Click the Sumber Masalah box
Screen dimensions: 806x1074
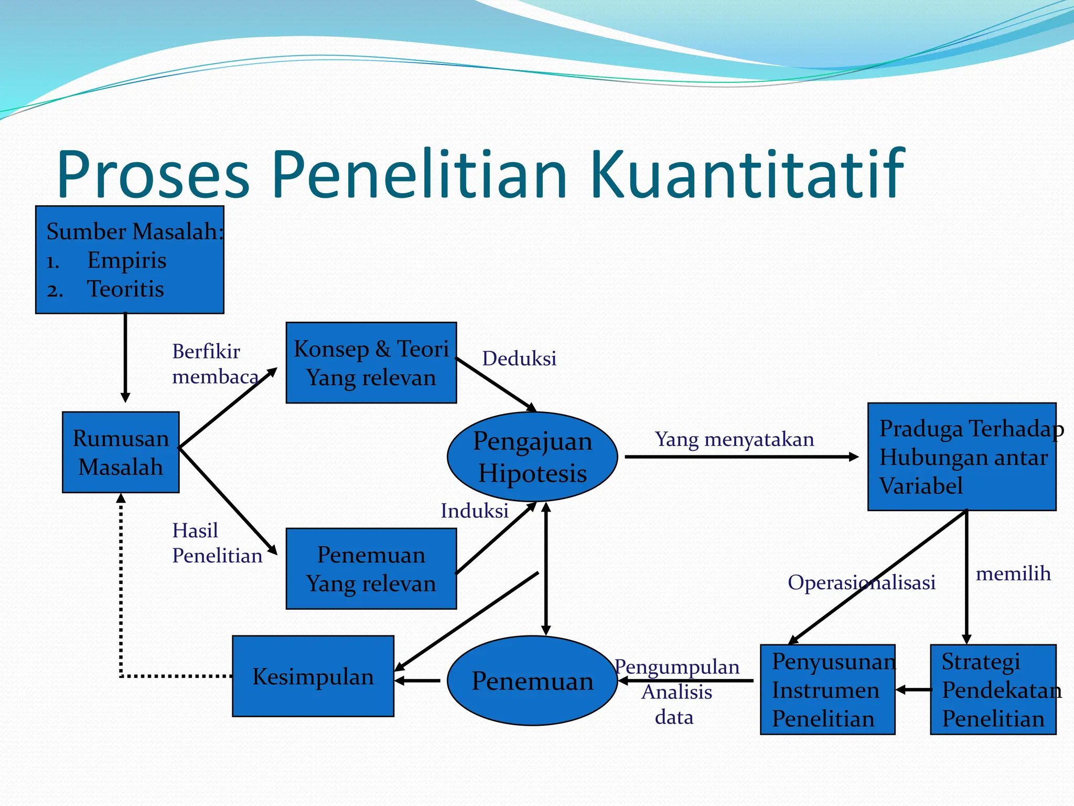click(x=130, y=260)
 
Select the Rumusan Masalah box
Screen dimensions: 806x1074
click(x=121, y=452)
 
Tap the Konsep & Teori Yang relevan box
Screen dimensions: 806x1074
click(x=371, y=363)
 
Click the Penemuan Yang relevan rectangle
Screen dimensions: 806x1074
click(x=371, y=568)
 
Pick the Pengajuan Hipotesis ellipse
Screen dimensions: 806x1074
click(x=532, y=457)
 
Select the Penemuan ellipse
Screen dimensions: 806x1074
click(x=532, y=681)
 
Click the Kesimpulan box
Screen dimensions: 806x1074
click(x=313, y=676)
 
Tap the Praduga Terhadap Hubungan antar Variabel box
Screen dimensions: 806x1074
click(x=961, y=457)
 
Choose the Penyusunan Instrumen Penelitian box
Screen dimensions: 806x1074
click(x=827, y=689)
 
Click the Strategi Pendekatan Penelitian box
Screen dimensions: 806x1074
click(x=993, y=689)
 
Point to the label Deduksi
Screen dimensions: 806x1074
click(x=519, y=358)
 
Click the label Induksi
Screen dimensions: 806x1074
click(x=474, y=511)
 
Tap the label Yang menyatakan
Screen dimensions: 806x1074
click(x=734, y=439)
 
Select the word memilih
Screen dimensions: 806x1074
click(x=1013, y=574)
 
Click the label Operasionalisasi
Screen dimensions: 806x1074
click(x=861, y=582)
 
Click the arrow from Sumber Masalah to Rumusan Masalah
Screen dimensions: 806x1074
click(x=125, y=357)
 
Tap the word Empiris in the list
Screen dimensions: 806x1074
click(x=126, y=260)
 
